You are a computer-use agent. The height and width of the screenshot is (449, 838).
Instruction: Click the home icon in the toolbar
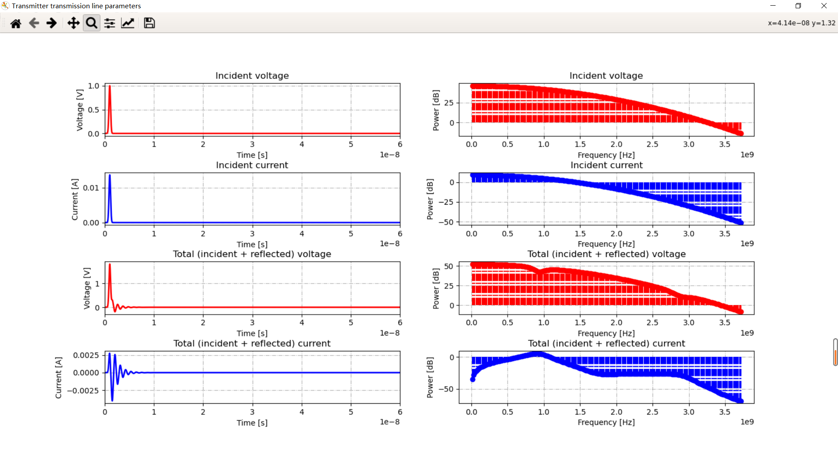(x=16, y=23)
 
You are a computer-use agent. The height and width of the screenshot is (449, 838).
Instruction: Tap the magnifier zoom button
(x=91, y=23)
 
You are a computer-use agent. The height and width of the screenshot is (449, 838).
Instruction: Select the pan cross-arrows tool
(x=73, y=23)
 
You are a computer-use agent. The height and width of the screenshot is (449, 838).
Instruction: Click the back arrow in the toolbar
(x=34, y=23)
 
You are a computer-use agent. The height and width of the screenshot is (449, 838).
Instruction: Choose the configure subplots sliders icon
(x=110, y=23)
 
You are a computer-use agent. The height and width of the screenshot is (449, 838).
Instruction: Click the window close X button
(x=824, y=6)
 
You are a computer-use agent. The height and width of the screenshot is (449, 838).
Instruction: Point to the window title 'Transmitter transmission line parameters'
(x=76, y=6)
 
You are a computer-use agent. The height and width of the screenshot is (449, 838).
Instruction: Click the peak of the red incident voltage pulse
(x=110, y=86)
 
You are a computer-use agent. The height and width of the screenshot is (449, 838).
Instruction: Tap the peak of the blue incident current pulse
(x=110, y=175)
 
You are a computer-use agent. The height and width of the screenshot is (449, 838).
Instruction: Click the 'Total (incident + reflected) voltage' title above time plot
(x=252, y=254)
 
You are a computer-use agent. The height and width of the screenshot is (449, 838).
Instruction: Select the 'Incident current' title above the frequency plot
(x=606, y=165)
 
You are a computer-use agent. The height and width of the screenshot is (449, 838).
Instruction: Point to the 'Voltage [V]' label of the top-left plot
(x=79, y=110)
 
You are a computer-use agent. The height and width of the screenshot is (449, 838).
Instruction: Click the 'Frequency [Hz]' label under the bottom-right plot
(x=606, y=422)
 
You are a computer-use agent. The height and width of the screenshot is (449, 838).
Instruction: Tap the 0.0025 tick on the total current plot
(x=86, y=355)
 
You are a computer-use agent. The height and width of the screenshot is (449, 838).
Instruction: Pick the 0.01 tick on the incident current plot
(x=91, y=188)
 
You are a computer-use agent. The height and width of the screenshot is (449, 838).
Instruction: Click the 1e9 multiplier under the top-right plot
(x=747, y=154)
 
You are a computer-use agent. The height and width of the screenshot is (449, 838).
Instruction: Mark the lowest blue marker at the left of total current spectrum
(x=472, y=380)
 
